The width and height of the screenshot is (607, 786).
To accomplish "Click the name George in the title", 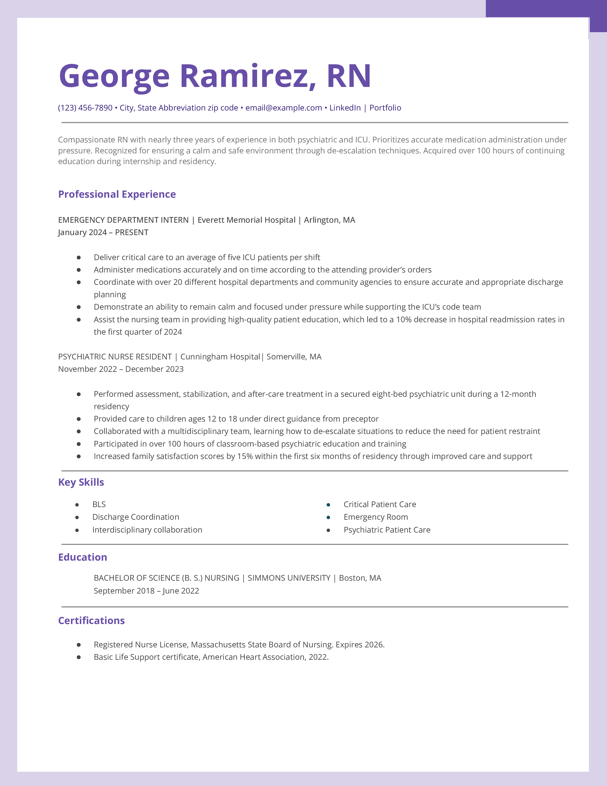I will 114,76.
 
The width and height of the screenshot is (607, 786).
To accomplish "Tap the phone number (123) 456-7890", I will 85,108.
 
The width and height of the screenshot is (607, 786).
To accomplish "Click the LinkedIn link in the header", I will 345,108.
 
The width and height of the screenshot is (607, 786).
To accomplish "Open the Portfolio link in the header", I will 385,108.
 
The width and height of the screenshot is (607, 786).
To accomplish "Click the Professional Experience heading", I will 117,194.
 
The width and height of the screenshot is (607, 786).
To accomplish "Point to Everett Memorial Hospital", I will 246,220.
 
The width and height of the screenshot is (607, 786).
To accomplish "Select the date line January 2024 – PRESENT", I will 103,232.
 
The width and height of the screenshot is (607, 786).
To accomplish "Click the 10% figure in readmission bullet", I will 403,320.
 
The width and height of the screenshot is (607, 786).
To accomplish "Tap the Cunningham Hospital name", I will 220,357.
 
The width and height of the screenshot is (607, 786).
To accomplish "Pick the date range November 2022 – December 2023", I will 121,369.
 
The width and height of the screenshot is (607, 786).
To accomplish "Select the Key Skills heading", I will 81,482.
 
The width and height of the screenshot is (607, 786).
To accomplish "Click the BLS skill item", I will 99,504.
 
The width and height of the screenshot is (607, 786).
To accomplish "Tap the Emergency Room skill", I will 376,517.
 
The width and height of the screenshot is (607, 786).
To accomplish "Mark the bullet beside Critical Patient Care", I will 328,505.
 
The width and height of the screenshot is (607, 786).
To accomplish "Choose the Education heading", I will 83,557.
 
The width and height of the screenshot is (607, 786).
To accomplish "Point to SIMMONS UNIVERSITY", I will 289,578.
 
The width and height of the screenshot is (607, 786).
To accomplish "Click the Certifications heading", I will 91,620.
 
